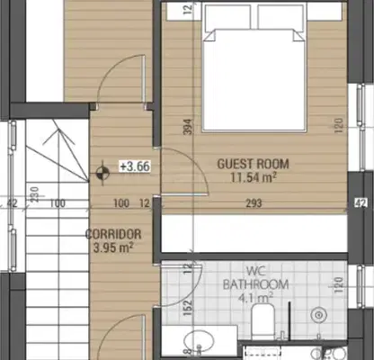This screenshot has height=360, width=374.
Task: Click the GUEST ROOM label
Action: coord(253,164)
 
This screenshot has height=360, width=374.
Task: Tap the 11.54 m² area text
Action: coord(254,177)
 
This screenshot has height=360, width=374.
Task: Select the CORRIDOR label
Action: coord(113,234)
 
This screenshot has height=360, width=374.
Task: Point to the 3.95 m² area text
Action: coord(113,247)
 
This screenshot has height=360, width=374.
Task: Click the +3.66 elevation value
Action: coord(135,166)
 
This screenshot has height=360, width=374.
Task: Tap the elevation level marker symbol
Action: coord(102,173)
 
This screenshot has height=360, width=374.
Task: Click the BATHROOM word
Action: coord(255,284)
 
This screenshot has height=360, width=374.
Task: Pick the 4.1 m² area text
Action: coord(255,298)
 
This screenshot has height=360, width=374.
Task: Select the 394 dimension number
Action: coord(187,127)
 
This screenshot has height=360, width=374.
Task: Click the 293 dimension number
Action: coord(254,203)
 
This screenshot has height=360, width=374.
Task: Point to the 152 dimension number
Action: coord(188,307)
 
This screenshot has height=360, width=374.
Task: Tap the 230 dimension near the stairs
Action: coord(35,194)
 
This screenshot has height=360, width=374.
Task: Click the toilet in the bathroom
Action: coord(263,321)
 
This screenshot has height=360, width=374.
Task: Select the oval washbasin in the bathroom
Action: coord(199,340)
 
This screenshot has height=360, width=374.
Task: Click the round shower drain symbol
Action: coord(318,315)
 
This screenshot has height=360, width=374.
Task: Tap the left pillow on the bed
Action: coord(227,17)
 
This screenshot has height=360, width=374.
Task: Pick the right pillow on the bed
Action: coord(280,17)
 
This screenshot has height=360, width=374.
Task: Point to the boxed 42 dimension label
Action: coord(361,203)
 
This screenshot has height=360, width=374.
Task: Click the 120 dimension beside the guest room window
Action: coord(338,126)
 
